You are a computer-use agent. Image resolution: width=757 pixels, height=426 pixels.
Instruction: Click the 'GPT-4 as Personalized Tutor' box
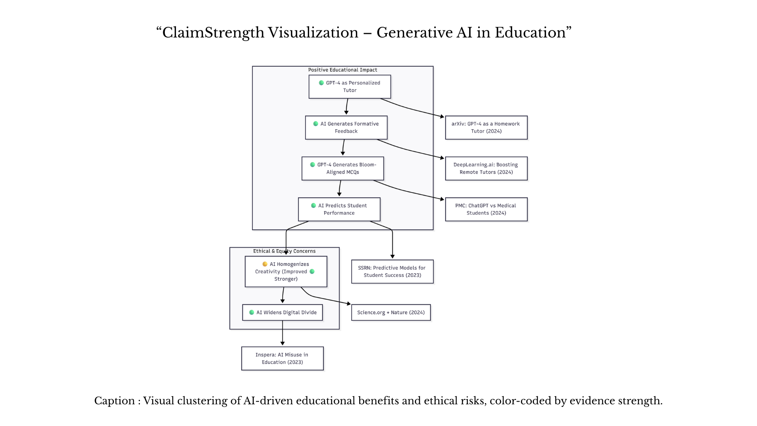click(350, 87)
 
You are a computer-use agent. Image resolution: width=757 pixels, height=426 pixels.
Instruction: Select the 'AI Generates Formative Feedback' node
click(346, 127)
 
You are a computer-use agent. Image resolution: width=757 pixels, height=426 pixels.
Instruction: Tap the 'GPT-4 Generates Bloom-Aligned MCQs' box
click(343, 168)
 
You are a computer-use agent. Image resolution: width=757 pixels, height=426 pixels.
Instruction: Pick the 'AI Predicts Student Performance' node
click(339, 209)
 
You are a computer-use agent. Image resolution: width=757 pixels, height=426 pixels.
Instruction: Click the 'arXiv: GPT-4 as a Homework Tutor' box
click(486, 127)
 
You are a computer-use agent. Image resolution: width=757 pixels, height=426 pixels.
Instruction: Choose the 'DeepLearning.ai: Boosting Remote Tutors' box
click(486, 168)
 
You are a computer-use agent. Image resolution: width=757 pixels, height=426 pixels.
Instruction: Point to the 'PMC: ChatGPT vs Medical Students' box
click(486, 209)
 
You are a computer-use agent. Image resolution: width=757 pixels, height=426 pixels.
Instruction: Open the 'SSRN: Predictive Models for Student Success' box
click(392, 271)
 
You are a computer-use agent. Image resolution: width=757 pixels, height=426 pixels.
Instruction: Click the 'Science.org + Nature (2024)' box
click(391, 312)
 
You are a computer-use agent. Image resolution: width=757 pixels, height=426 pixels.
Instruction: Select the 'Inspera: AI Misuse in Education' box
click(282, 359)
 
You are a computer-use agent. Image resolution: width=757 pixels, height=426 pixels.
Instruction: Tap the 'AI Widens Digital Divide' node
click(282, 312)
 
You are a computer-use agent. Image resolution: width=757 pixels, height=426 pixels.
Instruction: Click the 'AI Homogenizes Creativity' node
click(286, 272)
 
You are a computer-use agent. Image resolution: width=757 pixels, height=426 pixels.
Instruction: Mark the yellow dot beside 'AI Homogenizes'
click(265, 264)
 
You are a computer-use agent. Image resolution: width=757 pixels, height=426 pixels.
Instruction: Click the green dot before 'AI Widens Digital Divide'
click(252, 312)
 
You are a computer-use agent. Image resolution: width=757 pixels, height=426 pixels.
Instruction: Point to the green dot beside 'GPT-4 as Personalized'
click(321, 83)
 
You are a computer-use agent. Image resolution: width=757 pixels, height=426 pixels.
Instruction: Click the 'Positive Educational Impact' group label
click(343, 70)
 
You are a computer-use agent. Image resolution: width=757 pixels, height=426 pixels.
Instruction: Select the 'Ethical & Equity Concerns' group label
click(284, 251)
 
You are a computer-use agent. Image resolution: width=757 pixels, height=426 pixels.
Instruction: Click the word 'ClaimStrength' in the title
click(213, 33)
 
